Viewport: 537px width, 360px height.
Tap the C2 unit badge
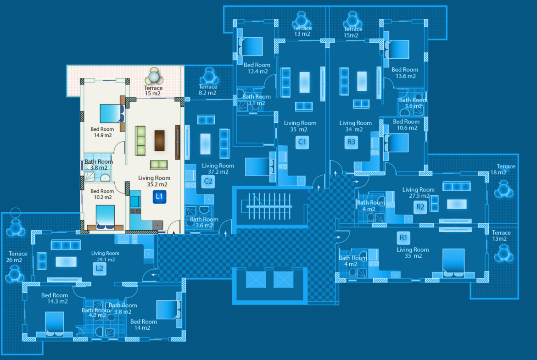[x=208, y=181]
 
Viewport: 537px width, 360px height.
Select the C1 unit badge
[x=302, y=142]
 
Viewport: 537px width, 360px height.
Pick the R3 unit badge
[x=351, y=142]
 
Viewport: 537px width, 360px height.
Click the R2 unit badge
[x=420, y=206]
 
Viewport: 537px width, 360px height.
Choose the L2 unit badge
[x=100, y=269]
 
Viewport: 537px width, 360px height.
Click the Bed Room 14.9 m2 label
[x=101, y=132]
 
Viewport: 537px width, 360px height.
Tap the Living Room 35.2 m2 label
[x=154, y=181]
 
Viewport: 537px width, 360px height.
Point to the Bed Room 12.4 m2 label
[x=257, y=68]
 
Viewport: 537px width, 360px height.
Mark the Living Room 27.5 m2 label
[x=418, y=193]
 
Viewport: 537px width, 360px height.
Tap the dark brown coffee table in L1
[x=159, y=140]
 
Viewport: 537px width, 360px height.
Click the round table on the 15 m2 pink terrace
[x=153, y=75]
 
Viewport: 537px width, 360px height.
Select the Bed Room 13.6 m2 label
[x=404, y=72]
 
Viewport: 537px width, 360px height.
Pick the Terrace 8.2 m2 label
[x=207, y=89]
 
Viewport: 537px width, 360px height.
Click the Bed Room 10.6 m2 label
[x=406, y=125]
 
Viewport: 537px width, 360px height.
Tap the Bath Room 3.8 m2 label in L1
[x=98, y=165]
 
